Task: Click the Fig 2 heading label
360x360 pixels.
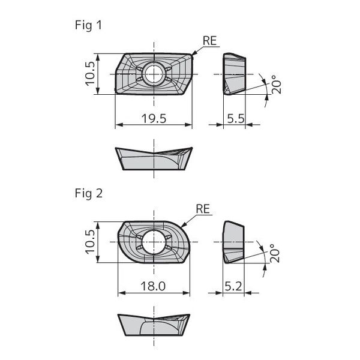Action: (89, 193)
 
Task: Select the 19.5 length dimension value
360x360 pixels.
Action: (153, 118)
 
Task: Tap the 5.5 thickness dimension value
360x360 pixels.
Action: (235, 118)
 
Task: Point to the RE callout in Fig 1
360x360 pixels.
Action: (210, 41)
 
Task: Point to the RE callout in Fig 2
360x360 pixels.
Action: (203, 209)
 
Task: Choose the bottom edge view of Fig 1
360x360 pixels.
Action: (154, 158)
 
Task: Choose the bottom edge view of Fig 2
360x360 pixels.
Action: (154, 325)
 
